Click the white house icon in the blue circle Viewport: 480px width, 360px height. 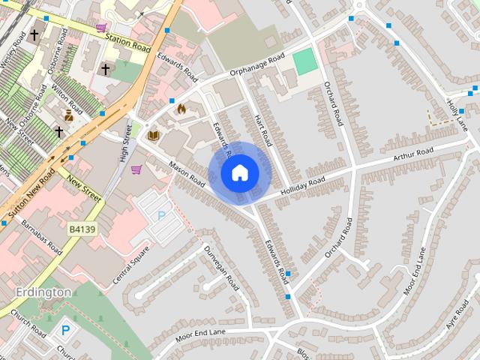click(x=239, y=173)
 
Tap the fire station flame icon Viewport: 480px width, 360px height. click(x=180, y=109)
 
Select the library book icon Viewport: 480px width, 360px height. click(x=154, y=135)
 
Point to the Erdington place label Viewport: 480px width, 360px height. click(x=43, y=292)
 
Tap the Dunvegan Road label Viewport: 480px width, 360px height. click(x=222, y=268)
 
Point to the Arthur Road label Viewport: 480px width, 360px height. click(x=413, y=157)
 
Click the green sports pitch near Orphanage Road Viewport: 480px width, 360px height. click(x=305, y=61)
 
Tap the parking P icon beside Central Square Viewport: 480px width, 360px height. click(x=160, y=215)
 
